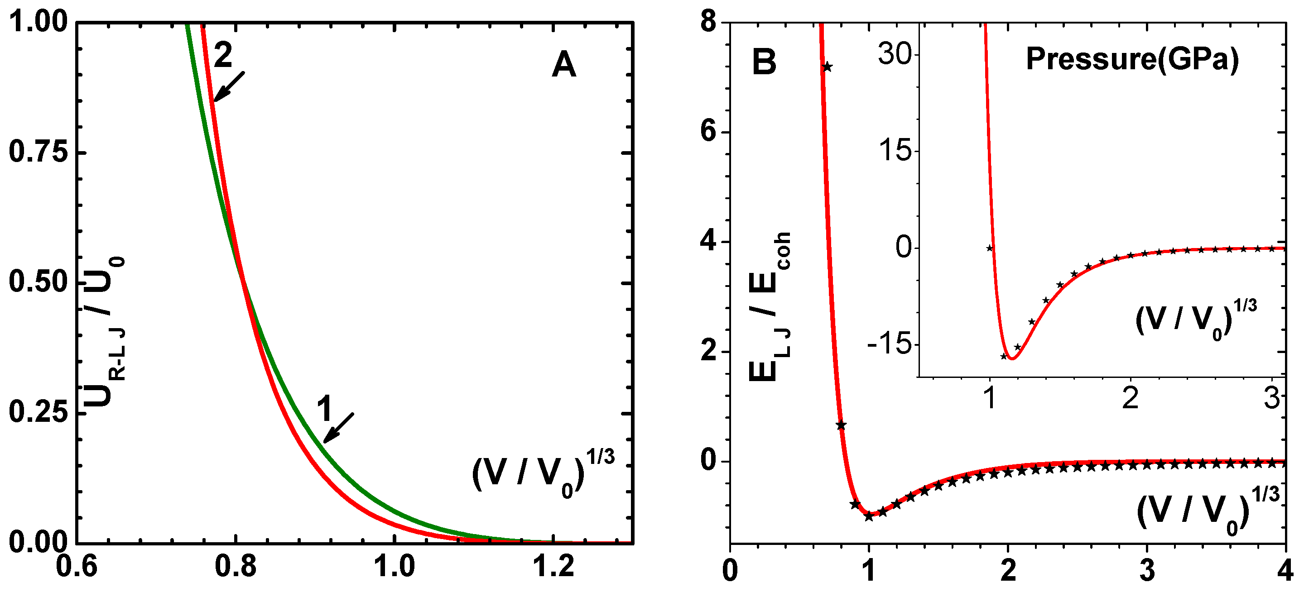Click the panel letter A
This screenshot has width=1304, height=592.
[564, 65]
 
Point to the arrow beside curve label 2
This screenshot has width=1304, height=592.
[229, 86]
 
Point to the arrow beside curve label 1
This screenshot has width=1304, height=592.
[339, 428]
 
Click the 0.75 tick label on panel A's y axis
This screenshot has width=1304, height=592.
[38, 151]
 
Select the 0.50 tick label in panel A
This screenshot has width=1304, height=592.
[38, 282]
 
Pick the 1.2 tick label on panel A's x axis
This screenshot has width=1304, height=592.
[554, 566]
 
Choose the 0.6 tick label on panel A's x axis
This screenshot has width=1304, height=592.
[77, 566]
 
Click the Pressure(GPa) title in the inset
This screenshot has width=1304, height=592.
[1132, 59]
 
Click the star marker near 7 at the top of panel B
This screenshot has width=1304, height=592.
[827, 67]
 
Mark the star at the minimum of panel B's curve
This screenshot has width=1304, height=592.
[869, 516]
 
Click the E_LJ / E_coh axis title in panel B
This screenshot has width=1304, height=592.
[770, 306]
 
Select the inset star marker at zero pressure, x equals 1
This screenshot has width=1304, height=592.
[990, 248]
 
